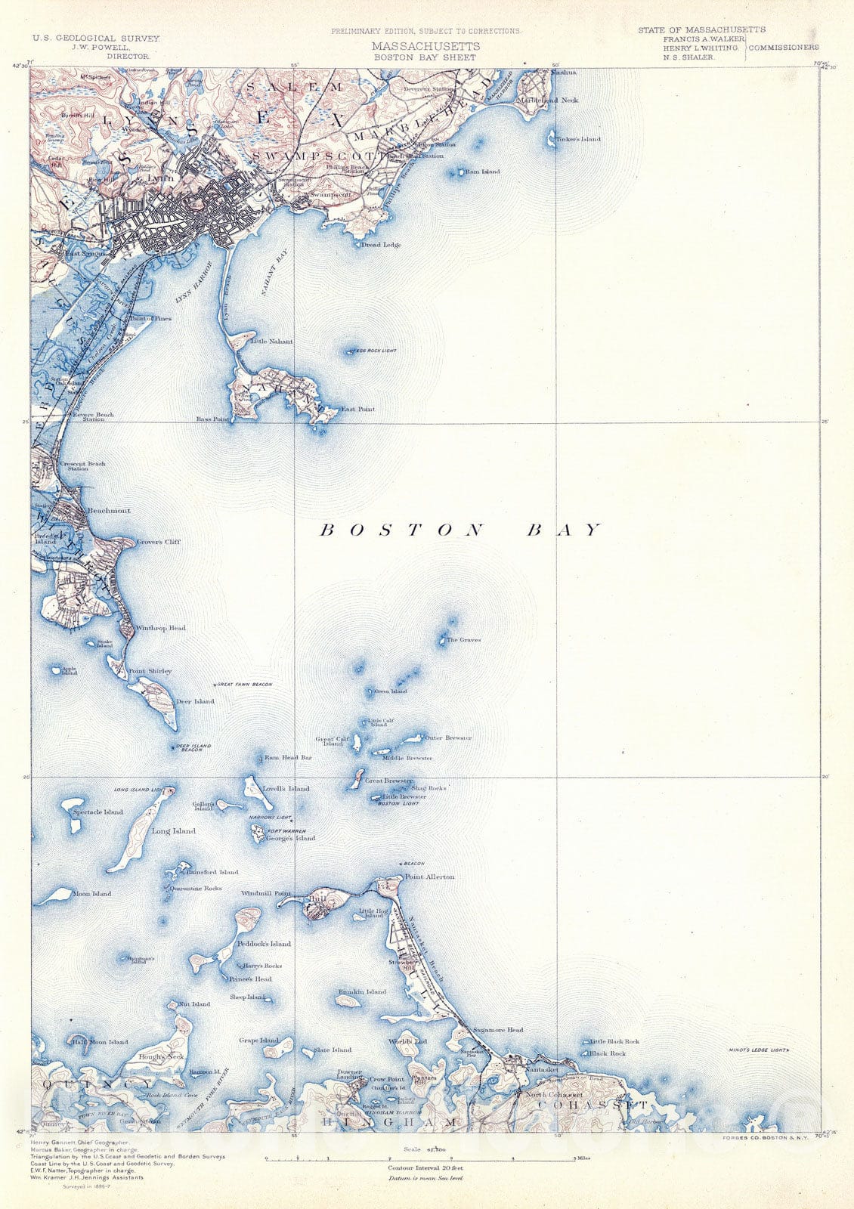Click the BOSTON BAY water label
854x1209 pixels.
point(461,530)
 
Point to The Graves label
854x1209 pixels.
point(463,640)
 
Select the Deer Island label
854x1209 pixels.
point(195,701)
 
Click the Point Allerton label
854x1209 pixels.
point(429,877)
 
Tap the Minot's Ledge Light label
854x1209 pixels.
point(758,1050)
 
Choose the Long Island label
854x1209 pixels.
point(173,831)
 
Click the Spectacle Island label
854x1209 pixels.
point(97,812)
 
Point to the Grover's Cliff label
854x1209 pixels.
point(159,542)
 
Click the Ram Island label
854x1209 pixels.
point(482,172)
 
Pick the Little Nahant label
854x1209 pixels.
point(271,342)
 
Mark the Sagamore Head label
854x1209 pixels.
point(497,1030)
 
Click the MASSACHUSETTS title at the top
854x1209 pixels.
point(425,46)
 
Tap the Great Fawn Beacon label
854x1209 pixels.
point(244,684)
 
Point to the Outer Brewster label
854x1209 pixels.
point(448,737)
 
